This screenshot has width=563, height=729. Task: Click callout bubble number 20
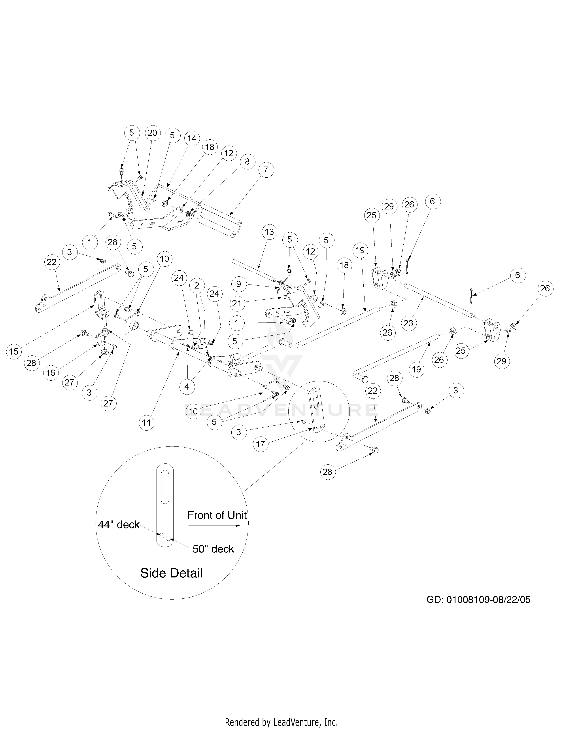pyautogui.click(x=152, y=133)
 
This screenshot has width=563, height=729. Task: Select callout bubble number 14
pyautogui.click(x=192, y=138)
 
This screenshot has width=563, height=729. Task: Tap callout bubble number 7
pyautogui.click(x=265, y=170)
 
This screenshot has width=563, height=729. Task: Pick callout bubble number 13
pyautogui.click(x=269, y=232)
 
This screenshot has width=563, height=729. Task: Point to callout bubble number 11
pyautogui.click(x=146, y=423)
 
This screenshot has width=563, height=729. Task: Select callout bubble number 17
pyautogui.click(x=261, y=444)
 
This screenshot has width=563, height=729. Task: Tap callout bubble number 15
pyautogui.click(x=14, y=351)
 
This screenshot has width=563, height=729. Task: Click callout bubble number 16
pyautogui.click(x=51, y=372)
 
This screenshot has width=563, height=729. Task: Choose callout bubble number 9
pyautogui.click(x=238, y=284)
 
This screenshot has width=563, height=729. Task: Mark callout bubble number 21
pyautogui.click(x=238, y=303)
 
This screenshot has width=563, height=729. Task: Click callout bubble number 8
pyautogui.click(x=247, y=161)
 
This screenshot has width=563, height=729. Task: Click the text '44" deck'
pyautogui.click(x=119, y=525)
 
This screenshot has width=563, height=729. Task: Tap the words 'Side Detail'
pyautogui.click(x=171, y=573)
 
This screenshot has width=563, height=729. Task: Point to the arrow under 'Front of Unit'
pyautogui.click(x=214, y=526)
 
